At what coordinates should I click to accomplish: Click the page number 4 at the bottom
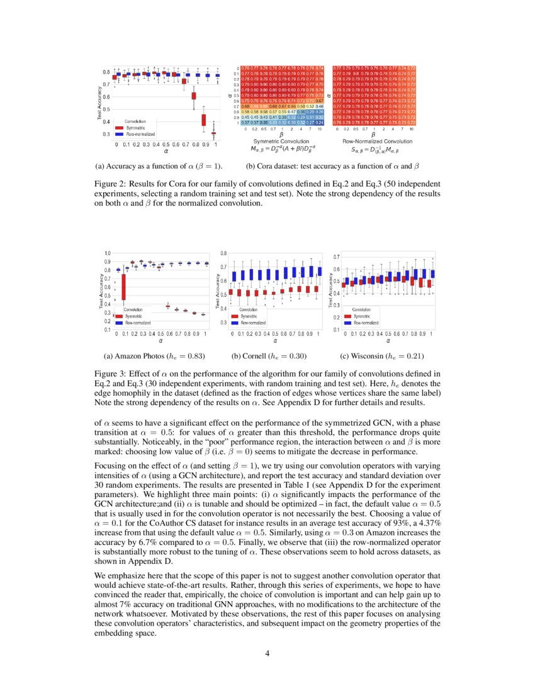pos(267,653)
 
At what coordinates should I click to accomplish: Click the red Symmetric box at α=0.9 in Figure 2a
pos(203,120)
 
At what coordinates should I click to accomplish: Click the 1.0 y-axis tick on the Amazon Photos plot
pos(108,253)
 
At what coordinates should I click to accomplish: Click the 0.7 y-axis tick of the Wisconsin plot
pos(336,258)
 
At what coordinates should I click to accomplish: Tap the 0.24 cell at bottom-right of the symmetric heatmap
pos(320,123)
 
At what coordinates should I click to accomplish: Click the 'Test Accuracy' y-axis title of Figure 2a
pos(99,104)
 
